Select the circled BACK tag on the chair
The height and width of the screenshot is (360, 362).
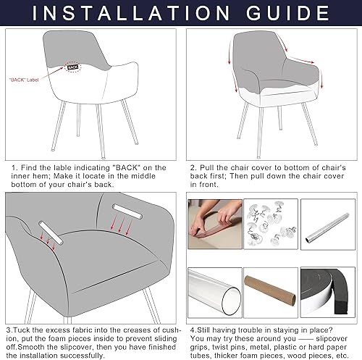(x=72, y=67)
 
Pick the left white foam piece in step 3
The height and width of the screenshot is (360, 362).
(x=53, y=233)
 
